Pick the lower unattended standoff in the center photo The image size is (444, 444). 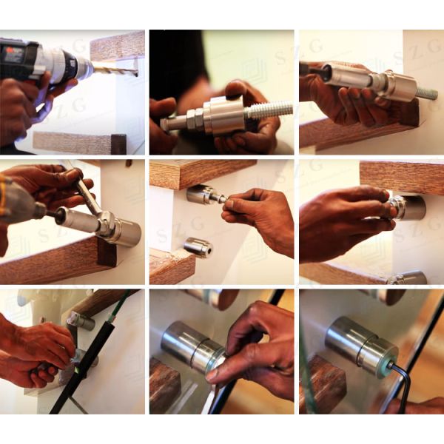coord(198,247)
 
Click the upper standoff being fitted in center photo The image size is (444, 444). coord(199,195)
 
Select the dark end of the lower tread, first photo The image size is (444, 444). coord(118,144)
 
